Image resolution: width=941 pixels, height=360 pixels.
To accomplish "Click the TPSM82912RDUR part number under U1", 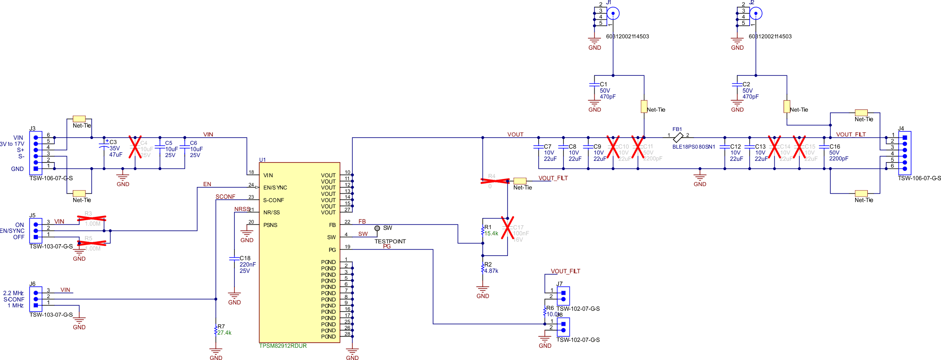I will point(283,346).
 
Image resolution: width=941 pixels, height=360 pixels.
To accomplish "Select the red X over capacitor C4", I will point(135,147).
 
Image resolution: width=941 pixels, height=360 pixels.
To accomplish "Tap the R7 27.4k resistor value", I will point(224,333).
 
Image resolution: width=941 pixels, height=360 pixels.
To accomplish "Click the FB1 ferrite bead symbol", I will point(678,137).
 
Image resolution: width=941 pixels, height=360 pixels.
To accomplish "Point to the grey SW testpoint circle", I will point(377,228).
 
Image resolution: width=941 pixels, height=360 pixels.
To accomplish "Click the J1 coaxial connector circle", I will point(613,13).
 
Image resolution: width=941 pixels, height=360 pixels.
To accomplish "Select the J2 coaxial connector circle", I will point(756,13).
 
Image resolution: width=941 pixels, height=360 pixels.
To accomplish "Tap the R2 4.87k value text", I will point(491,271).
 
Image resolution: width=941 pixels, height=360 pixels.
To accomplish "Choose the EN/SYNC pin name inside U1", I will point(275,187).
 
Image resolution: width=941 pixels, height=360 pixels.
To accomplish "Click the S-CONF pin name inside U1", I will point(274,200).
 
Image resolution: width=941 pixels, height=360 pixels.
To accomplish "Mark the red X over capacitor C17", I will point(508,228).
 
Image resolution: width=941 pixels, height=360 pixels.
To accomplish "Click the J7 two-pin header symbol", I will point(563,296).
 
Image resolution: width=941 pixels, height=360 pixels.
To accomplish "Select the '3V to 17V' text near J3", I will point(12,144).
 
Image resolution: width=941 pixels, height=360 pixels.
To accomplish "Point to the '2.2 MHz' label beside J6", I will point(13,293).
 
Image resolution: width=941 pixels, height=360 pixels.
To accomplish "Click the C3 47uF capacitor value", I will point(116,155).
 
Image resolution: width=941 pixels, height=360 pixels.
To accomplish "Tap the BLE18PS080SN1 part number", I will point(694,147).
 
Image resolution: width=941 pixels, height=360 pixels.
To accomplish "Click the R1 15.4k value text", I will point(491,233).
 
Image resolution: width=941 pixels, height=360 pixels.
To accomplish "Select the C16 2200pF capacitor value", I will point(838,158).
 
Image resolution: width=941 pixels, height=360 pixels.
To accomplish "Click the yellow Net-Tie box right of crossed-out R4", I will point(520,181).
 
